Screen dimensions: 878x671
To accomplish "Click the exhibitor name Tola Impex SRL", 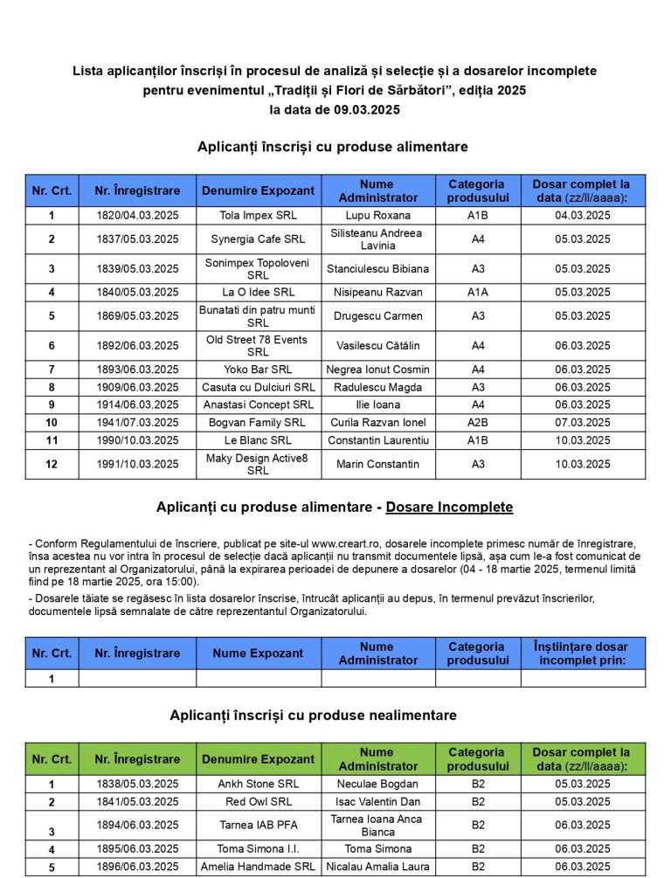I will click(x=258, y=215).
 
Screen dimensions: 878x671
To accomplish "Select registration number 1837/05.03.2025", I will click(x=137, y=239).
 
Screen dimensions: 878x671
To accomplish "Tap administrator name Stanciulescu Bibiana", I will click(x=377, y=268).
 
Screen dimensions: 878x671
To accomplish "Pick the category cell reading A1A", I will click(x=477, y=292).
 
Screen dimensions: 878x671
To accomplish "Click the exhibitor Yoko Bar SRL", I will click(x=258, y=370).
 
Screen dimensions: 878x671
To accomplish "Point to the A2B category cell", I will click(x=477, y=422).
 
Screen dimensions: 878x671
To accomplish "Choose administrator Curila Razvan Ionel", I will click(x=377, y=422).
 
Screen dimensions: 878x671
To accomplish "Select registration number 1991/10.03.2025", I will click(x=137, y=464).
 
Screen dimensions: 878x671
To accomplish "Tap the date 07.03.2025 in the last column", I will click(x=583, y=422).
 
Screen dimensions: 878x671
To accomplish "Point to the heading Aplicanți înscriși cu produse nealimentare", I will click(x=313, y=716).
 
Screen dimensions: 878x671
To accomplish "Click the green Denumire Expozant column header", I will click(x=258, y=758).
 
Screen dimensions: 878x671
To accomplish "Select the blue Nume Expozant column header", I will click(x=258, y=653).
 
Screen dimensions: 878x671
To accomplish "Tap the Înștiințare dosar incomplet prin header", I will click(x=583, y=653).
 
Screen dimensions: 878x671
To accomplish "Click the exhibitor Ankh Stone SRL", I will click(x=258, y=784).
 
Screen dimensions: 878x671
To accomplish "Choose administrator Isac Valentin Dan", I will click(x=377, y=801).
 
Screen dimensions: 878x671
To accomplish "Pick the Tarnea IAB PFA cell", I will click(x=258, y=825).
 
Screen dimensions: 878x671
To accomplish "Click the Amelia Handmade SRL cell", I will click(x=258, y=867).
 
